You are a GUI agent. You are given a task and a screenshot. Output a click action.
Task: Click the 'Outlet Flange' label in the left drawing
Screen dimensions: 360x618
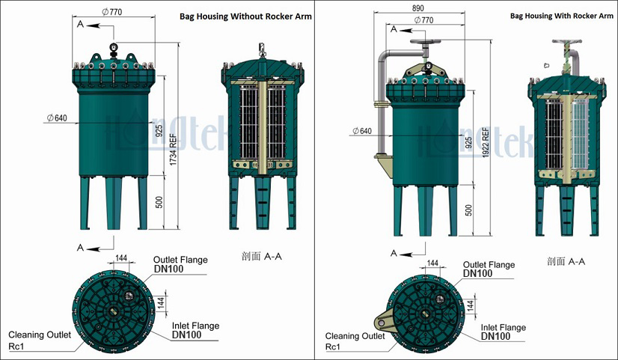click(180, 260)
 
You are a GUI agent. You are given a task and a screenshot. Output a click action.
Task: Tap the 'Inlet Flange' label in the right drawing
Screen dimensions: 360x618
click(503, 327)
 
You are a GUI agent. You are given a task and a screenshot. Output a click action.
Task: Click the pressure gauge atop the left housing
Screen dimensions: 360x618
click(112, 49)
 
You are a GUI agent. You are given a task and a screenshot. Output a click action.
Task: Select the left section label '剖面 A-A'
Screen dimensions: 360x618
click(262, 257)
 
